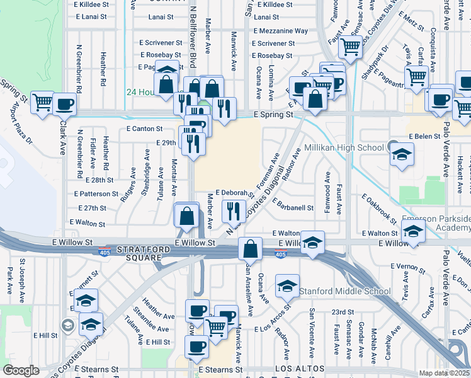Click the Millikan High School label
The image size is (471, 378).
[x=344, y=147]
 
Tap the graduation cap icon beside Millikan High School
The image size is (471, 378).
[x=401, y=155]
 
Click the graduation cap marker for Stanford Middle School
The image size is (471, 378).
[x=287, y=287]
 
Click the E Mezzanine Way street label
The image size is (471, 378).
[x=280, y=31]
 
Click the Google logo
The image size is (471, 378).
[x=21, y=370]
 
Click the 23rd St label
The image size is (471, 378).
[x=343, y=312]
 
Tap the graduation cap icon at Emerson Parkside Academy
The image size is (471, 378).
[x=413, y=232]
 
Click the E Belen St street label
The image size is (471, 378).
[x=424, y=136]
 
